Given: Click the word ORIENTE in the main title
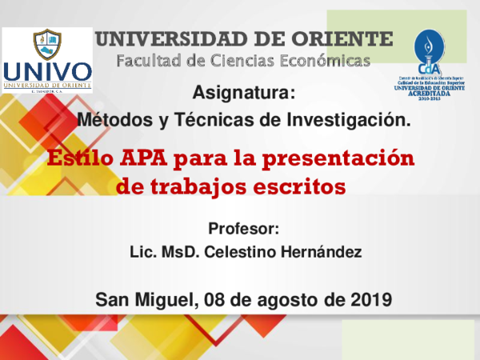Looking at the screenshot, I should coord(344,38).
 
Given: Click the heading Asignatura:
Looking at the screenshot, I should coord(244,94).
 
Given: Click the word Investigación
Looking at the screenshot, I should coord(350,121).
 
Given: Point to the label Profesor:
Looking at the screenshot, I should coord(243,228).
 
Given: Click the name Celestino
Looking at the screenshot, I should coord(242,252).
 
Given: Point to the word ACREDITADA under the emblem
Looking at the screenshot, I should coord(433,92).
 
